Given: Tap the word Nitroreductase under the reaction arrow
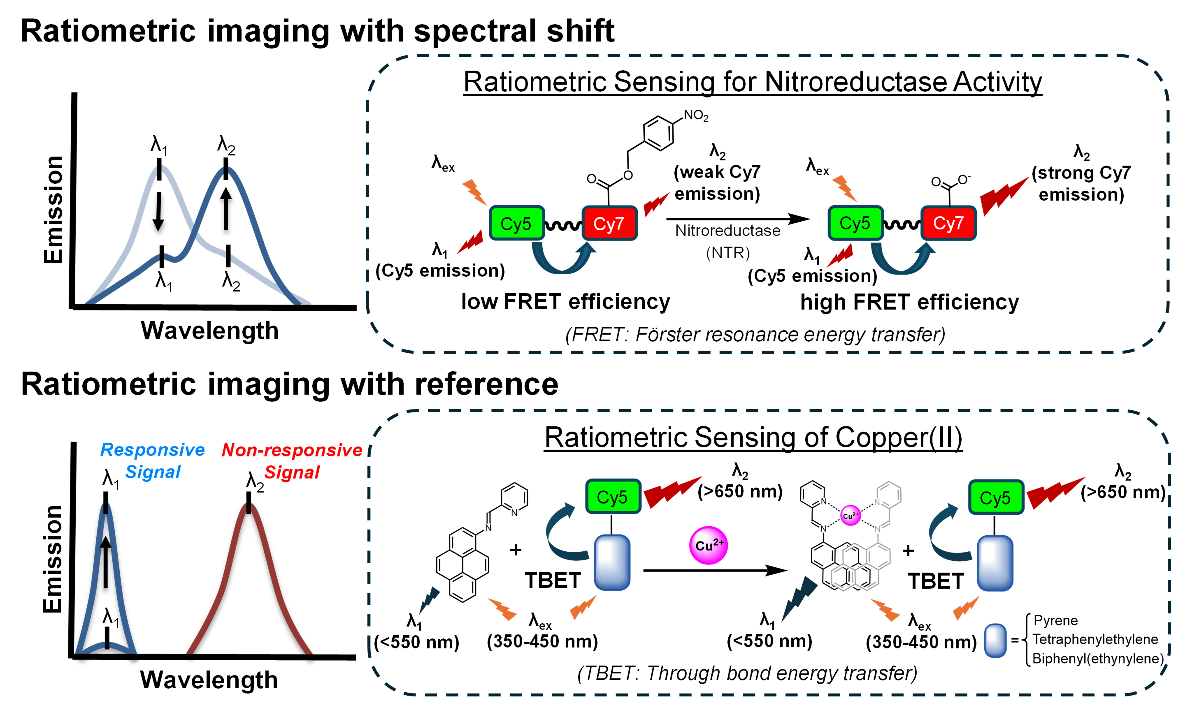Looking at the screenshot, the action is (x=728, y=231).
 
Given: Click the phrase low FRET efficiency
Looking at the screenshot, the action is (x=566, y=302).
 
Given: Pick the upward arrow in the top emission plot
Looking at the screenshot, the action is (x=226, y=208).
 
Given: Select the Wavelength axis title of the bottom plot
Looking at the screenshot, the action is (x=209, y=680).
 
